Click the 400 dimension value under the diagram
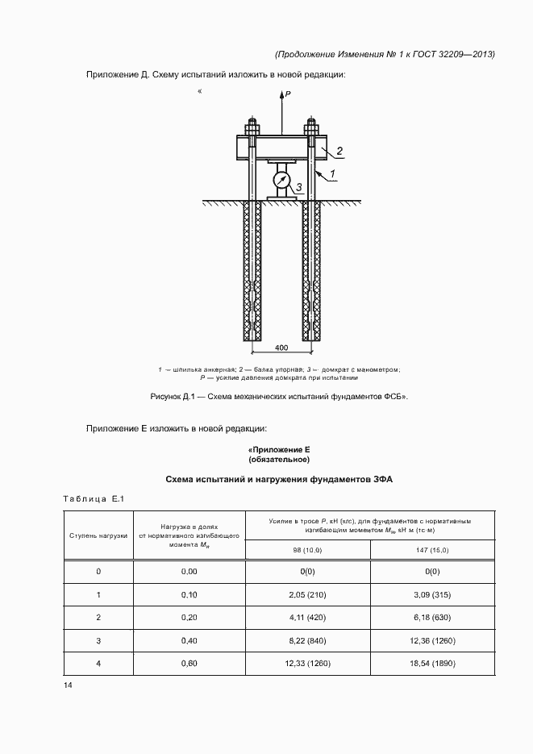click(x=281, y=348)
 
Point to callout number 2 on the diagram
click(x=339, y=151)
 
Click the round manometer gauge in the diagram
click(x=281, y=177)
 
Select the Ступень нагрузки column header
click(x=98, y=535)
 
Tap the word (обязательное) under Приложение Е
click(x=279, y=460)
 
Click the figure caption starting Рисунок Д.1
click(x=279, y=396)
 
